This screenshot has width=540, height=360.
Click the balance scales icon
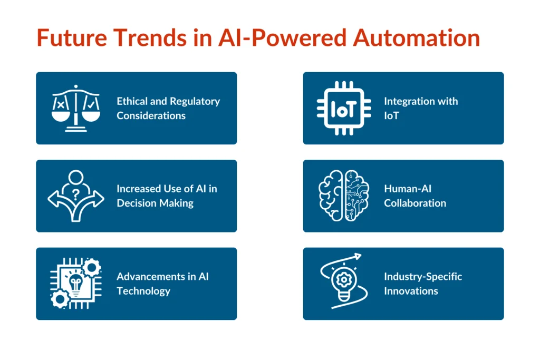tap(75, 108)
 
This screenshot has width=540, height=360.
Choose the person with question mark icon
tap(75, 195)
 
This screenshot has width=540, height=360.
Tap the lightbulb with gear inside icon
tap(342, 283)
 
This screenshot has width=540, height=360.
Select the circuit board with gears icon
tap(75, 284)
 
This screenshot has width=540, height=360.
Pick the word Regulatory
tap(195, 101)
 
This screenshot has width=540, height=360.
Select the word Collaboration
tap(415, 203)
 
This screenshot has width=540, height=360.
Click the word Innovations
tap(411, 291)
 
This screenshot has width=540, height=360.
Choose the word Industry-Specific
tap(423, 277)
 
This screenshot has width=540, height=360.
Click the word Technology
tap(143, 291)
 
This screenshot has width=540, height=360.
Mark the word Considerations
tap(151, 115)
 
